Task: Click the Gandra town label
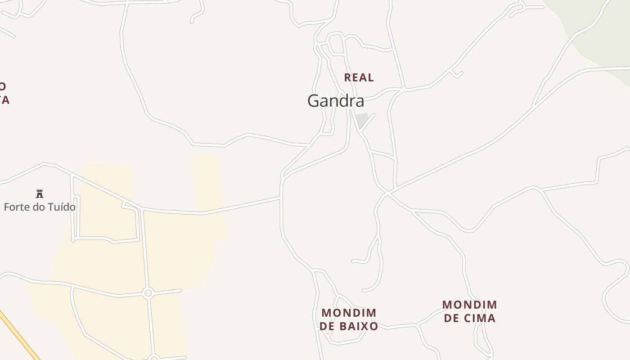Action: click(336, 101)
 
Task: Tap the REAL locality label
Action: click(359, 77)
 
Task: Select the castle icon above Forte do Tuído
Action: click(40, 194)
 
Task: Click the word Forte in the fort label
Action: click(15, 207)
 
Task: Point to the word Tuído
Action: click(62, 207)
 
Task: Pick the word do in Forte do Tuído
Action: click(38, 207)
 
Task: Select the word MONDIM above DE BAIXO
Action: click(349, 313)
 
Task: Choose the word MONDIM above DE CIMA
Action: click(469, 305)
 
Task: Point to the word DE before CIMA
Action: click(451, 318)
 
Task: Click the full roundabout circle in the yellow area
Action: click(148, 293)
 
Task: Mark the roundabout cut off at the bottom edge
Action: click(154, 358)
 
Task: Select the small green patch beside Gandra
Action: click(362, 120)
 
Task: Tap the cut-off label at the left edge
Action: click(4, 93)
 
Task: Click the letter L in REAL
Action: click(370, 77)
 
